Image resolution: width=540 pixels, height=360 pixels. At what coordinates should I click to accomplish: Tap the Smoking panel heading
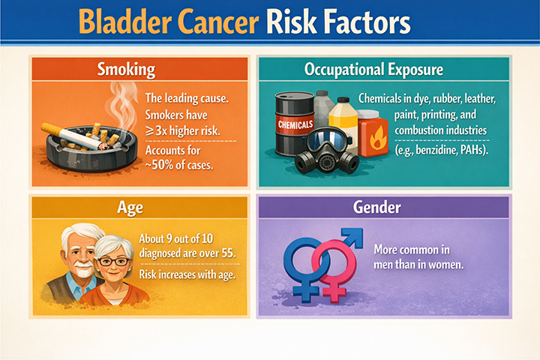click(x=127, y=70)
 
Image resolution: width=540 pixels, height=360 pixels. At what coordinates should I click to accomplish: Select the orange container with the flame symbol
click(x=372, y=134)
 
